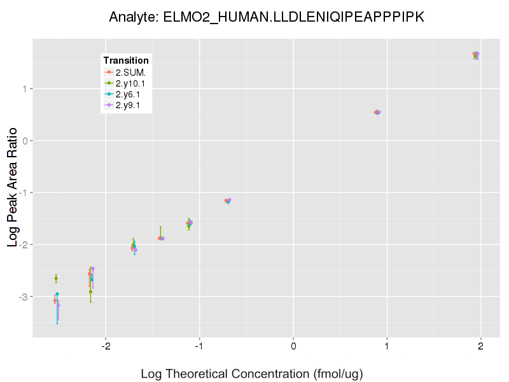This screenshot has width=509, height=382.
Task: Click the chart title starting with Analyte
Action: tap(267, 17)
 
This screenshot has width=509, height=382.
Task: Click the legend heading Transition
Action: tap(126, 60)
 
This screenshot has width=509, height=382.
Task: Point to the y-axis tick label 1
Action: tap(25, 88)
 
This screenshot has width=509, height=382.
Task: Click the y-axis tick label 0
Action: tap(25, 141)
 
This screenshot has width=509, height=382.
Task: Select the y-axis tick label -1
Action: tap(24, 193)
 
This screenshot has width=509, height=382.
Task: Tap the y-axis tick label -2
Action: tap(24, 245)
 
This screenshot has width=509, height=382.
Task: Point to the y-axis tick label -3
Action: tap(24, 297)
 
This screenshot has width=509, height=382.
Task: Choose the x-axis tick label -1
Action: tap(199, 346)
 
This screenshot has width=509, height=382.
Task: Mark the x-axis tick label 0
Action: tap(293, 346)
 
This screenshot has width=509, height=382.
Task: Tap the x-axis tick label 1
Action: tap(387, 346)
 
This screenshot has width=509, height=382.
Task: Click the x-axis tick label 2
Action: tap(480, 346)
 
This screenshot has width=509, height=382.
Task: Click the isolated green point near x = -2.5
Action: tap(56, 278)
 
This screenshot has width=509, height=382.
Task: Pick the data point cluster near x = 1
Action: tap(377, 112)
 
